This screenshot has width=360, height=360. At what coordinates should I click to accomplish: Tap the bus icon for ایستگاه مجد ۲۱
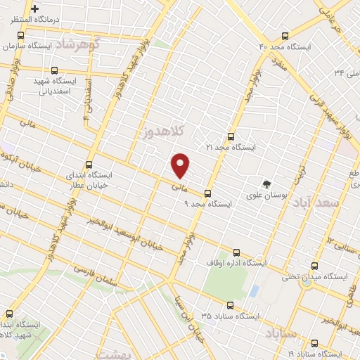point(231,137)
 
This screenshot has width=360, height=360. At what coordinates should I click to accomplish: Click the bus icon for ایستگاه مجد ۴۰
point(285,36)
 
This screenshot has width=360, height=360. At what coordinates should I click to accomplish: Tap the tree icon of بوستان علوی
point(266,184)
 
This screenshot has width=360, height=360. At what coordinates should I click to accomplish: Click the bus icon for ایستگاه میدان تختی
point(314,266)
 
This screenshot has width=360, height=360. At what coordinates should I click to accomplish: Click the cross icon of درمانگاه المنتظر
point(34,8)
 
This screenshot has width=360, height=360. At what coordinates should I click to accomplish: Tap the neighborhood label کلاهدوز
point(162,131)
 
